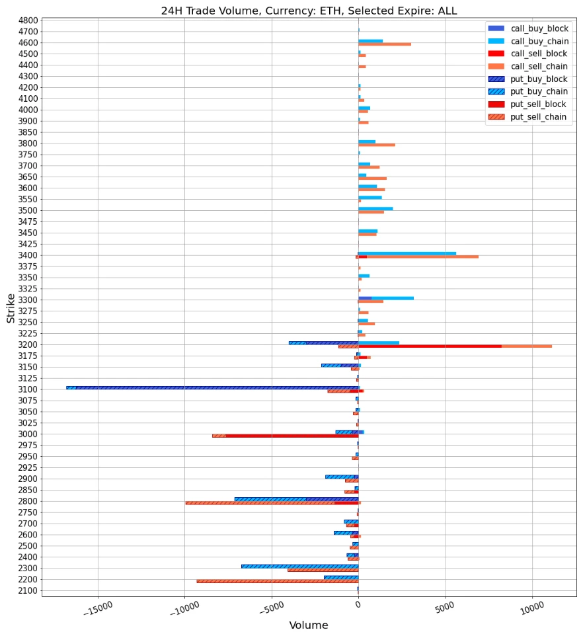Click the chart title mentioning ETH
pos(309,11)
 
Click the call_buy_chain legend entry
pos(539,41)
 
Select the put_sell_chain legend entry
pos(539,117)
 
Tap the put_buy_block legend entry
pos(539,79)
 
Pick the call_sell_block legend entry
pos(539,54)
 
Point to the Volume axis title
pos(308,625)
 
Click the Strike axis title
pos(11,307)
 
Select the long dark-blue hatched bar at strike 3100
pos(218,387)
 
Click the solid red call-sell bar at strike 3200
pos(430,346)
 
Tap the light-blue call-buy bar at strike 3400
pos(407,253)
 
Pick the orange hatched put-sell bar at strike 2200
pos(278,581)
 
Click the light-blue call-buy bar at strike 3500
pos(375,208)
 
